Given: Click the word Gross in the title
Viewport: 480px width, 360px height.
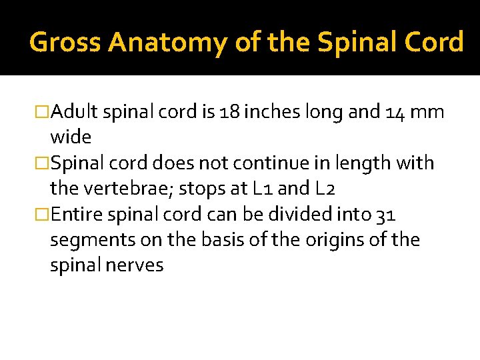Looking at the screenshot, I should click(x=65, y=42).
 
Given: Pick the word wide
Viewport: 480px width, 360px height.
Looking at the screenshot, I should click(x=70, y=137).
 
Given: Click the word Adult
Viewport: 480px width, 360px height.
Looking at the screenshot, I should click(x=75, y=111).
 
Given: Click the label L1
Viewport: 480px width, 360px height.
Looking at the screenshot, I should click(x=261, y=188).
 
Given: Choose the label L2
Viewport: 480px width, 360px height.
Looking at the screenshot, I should click(x=322, y=188).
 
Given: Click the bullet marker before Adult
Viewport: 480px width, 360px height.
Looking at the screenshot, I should click(x=43, y=111).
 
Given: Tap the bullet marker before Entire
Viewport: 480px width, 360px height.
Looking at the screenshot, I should click(x=43, y=214).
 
